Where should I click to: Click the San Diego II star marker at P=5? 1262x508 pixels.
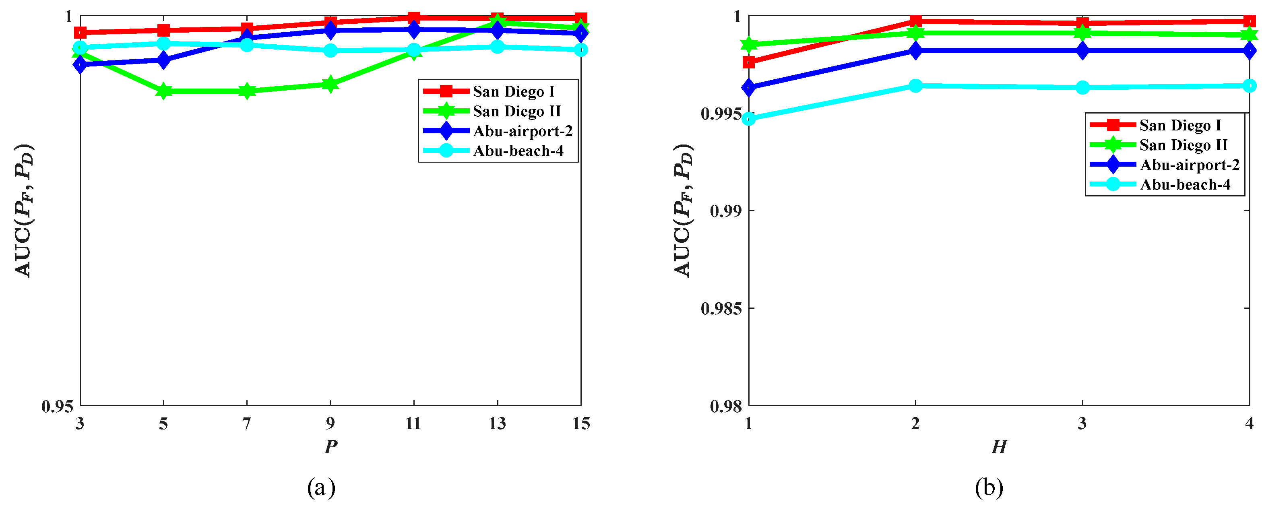point(163,91)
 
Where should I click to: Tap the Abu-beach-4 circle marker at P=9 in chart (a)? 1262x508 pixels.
point(330,50)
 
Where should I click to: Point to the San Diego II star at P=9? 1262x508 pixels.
point(330,84)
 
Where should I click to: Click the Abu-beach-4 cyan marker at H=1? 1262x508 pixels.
point(749,119)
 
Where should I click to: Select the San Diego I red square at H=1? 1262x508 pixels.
point(749,62)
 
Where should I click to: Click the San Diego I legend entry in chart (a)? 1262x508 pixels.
point(513,92)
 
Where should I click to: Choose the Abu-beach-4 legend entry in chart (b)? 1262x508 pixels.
point(1185,185)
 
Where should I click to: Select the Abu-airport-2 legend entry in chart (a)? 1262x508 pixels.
point(522,131)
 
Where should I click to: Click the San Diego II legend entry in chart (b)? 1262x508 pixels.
point(1183,145)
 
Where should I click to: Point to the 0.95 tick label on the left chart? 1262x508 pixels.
point(57,407)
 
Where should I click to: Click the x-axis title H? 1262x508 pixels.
point(999,447)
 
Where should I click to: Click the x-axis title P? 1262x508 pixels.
point(330,447)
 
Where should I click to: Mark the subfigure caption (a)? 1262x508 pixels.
point(321,487)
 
